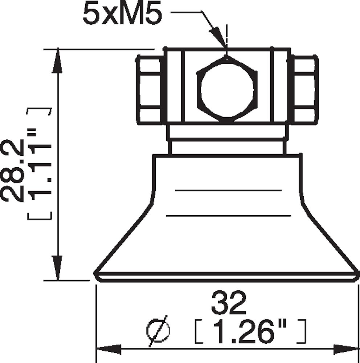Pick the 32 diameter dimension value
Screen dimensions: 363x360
[229, 303]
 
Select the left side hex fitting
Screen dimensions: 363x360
[150, 90]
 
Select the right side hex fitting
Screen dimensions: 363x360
[304, 90]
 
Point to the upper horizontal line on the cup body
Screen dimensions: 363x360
[228, 190]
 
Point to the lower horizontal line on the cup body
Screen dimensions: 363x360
[228, 216]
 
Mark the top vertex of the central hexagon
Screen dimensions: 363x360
[226, 57]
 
